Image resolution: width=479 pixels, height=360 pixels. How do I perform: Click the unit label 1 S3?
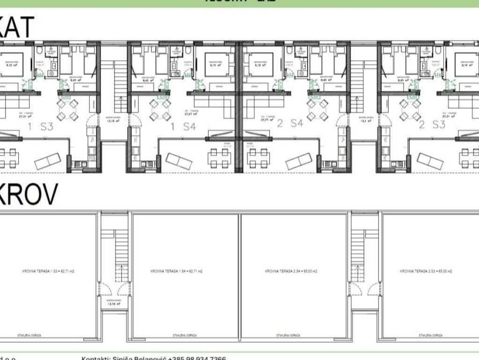[x=40, y=126]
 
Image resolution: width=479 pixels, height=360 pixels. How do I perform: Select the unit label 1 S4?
[x=182, y=126]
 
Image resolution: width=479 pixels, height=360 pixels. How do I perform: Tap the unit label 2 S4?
[x=290, y=124]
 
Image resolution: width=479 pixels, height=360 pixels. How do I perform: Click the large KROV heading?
[x=28, y=194]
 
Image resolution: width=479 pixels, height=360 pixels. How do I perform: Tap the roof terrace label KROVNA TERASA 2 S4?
[x=291, y=271]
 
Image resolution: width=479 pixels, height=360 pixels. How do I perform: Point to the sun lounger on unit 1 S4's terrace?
[x=179, y=161]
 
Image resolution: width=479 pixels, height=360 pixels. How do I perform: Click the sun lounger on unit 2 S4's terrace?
[x=299, y=161]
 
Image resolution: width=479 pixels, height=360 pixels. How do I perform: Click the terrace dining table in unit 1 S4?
[x=218, y=158]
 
